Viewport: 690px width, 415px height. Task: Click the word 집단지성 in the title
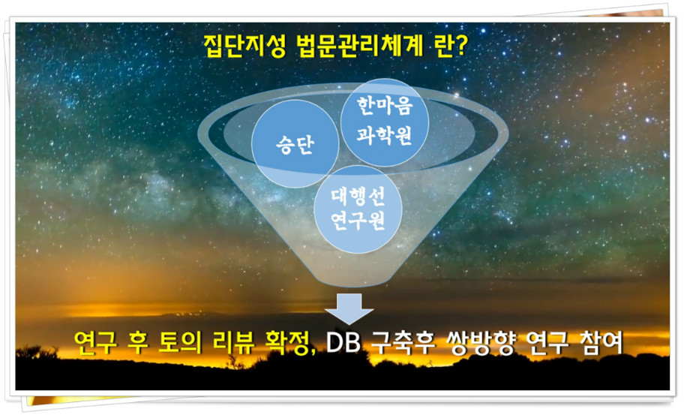(244, 47)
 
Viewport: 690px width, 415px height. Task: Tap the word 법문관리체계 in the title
(359, 47)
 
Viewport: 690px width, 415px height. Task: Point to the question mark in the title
(460, 47)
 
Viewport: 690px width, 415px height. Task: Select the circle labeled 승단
(295, 143)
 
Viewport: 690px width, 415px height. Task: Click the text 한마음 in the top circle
(385, 106)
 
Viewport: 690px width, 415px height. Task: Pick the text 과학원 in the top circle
(385, 134)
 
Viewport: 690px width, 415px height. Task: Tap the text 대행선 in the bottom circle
(358, 196)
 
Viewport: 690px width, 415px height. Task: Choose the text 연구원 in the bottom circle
(358, 220)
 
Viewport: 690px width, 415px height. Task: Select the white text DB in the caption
(343, 342)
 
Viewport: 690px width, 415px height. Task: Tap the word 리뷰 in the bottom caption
(234, 342)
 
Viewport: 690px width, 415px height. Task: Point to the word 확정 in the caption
(287, 342)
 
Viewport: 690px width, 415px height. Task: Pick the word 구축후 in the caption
(403, 342)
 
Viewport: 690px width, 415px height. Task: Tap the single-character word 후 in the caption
(138, 342)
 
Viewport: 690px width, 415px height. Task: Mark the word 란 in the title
(442, 47)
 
